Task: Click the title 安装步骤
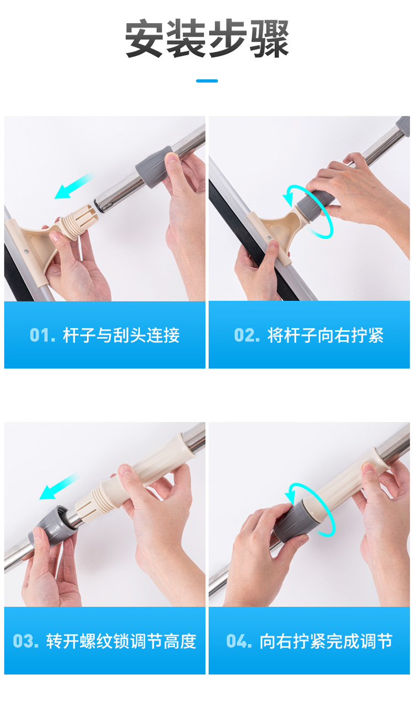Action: (x=206, y=38)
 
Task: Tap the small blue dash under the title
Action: (x=207, y=81)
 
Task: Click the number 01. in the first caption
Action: (x=42, y=335)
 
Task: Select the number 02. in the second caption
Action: (x=247, y=335)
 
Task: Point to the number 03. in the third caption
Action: (x=26, y=641)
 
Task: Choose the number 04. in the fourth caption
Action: (x=239, y=641)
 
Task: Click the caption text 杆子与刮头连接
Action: (x=122, y=335)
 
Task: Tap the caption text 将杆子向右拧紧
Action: (x=325, y=335)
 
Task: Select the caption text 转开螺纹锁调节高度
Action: (x=122, y=641)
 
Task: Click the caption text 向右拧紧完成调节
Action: (x=326, y=641)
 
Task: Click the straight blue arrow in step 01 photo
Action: (x=74, y=186)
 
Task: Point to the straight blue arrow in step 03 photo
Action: (x=58, y=487)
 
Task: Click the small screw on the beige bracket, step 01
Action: (x=26, y=251)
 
